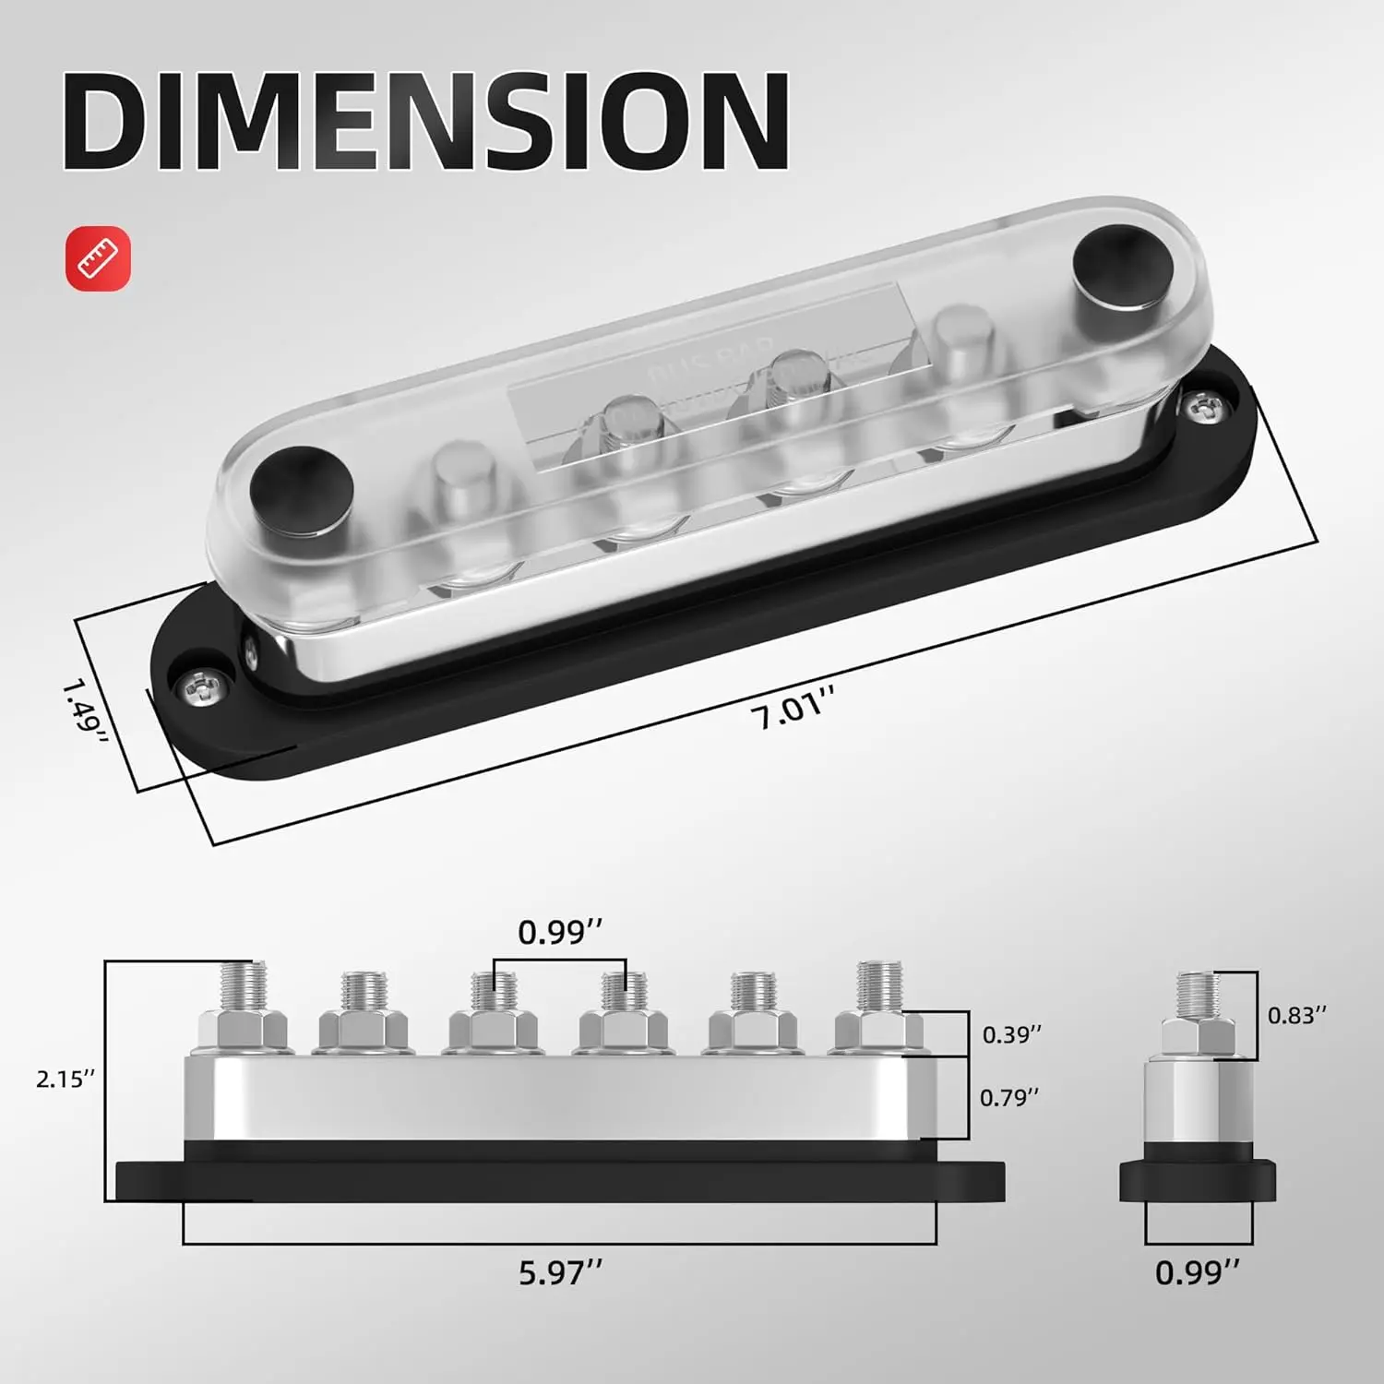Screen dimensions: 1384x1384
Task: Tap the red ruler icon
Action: [x=98, y=258]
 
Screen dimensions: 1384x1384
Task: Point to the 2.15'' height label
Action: [x=66, y=1079]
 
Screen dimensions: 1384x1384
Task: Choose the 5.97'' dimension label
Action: [x=560, y=1273]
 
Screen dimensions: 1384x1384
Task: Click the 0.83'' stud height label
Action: [x=1296, y=1015]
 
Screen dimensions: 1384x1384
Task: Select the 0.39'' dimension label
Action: [x=1011, y=1034]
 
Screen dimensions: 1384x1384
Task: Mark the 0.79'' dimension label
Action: [x=1009, y=1097]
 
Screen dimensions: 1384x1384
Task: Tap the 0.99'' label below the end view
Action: [x=1197, y=1273]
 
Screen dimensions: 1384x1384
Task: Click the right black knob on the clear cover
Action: [x=1122, y=268]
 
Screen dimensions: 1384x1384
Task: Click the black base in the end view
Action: [x=1198, y=1181]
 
